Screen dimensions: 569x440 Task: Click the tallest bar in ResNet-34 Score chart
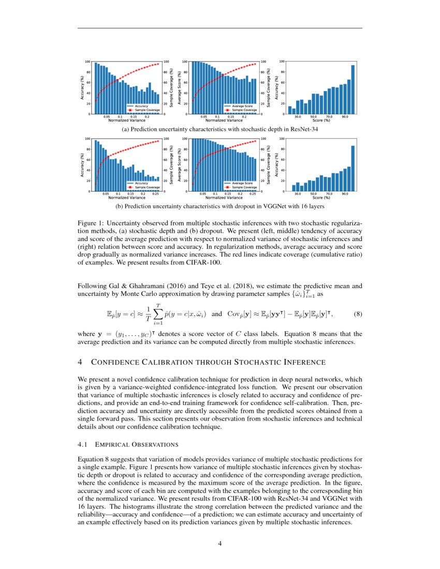click(x=353, y=89)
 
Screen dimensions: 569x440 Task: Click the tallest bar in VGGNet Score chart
click(x=353, y=168)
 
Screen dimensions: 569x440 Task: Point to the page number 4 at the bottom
click(x=219, y=543)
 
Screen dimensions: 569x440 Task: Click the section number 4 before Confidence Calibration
click(x=80, y=362)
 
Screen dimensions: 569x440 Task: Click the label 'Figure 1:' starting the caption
click(x=91, y=222)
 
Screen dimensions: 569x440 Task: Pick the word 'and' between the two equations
click(x=217, y=314)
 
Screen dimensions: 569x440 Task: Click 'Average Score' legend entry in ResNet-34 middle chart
click(x=241, y=106)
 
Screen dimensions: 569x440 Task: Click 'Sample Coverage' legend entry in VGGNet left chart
click(x=144, y=187)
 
